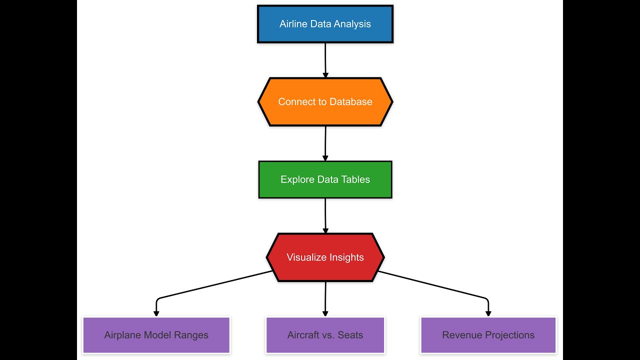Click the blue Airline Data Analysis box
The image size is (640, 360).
[x=325, y=24]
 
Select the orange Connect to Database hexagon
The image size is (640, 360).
[x=325, y=101]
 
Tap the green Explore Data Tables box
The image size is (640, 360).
[x=325, y=179]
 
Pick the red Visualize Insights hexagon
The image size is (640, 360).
[x=325, y=257]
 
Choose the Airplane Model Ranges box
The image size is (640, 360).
[x=156, y=335]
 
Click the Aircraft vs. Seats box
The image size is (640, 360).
[x=325, y=335]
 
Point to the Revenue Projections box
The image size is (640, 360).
[x=488, y=335]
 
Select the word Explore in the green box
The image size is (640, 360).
[x=297, y=179]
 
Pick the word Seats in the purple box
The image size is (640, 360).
[x=350, y=335]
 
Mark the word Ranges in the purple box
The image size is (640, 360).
[x=191, y=335]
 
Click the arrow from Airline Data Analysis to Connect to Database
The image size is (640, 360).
[x=325, y=60]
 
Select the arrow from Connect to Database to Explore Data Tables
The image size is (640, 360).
[x=325, y=143]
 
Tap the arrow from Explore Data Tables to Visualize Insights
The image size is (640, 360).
[x=325, y=215]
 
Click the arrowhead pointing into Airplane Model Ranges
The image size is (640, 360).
[x=156, y=313]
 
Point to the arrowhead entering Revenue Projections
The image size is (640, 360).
[x=488, y=313]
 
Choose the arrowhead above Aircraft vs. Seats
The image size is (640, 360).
[x=325, y=313]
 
